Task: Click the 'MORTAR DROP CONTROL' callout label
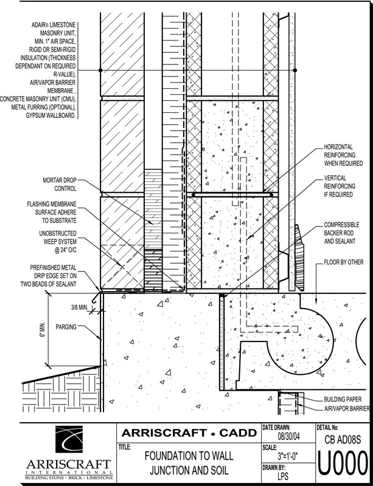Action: pos(59,184)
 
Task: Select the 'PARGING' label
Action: pos(66,327)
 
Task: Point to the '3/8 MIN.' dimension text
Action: pos(80,307)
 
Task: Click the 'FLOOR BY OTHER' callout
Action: pos(344,262)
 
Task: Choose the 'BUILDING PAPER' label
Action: pos(343,399)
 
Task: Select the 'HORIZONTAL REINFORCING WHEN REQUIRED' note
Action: pos(343,155)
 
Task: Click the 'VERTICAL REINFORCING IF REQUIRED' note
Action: pos(340,187)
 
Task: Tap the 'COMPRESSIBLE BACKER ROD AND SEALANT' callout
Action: pos(341,233)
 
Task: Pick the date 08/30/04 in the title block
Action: pos(289,437)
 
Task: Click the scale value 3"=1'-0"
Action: pos(288,456)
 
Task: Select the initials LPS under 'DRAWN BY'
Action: pos(281,476)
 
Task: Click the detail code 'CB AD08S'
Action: pos(343,439)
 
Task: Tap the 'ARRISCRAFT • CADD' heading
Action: pos(189,433)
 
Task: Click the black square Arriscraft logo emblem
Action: pos(69,439)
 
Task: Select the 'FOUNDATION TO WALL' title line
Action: pos(189,456)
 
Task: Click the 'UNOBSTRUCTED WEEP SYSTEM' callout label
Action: pos(58,241)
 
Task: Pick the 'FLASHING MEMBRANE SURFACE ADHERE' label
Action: pos(52,212)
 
